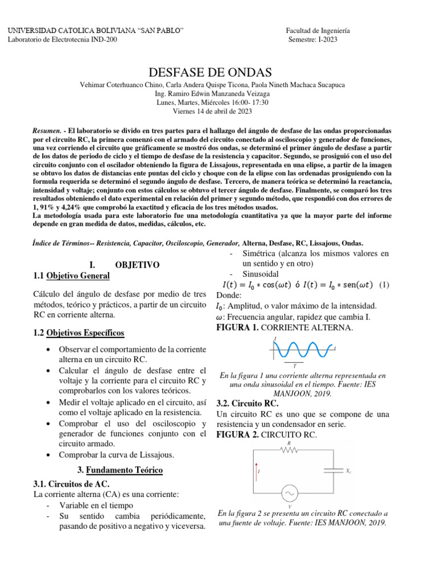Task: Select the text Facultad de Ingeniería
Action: click(318, 30)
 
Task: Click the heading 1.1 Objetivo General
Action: click(72, 276)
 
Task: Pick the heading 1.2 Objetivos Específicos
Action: click(79, 332)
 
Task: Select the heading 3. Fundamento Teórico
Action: click(119, 470)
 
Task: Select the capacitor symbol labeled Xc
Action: click(332, 471)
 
